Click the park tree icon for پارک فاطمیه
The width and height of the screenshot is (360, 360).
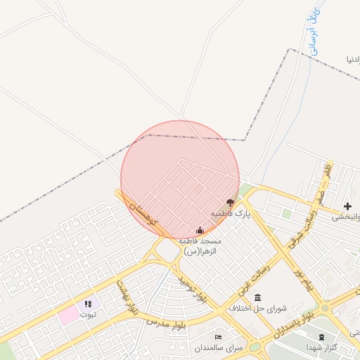[230, 202]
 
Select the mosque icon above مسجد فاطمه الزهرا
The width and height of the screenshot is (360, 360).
[200, 230]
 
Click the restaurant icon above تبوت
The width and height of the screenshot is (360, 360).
[88, 304]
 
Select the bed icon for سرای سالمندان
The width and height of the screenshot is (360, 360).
[218, 337]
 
